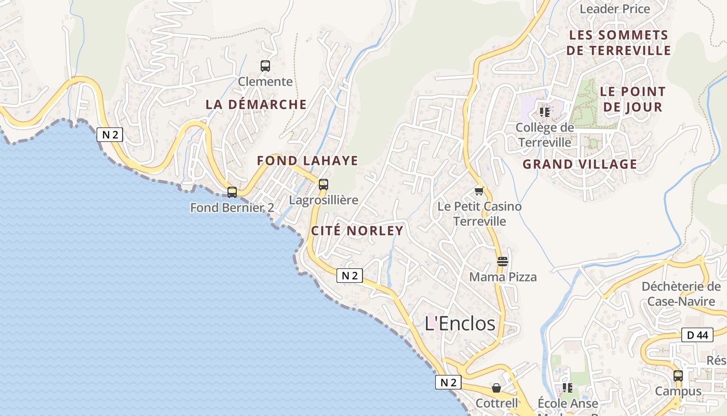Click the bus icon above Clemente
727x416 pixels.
265,66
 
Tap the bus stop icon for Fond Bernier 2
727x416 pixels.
232,192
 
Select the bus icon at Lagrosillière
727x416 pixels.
324,184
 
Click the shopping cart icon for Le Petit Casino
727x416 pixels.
479,191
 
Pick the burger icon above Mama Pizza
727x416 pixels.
502,262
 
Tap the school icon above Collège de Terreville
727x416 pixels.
545,112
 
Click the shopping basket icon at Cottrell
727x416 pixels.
496,388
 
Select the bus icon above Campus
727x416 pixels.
678,376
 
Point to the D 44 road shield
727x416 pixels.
697,335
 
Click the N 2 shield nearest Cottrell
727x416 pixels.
448,383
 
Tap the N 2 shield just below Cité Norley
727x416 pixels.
349,276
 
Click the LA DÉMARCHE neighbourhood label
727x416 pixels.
256,104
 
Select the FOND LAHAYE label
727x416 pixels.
307,161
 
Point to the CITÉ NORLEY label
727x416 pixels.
357,230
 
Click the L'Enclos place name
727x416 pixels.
460,323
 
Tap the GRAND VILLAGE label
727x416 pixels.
580,164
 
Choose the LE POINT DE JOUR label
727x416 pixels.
632,99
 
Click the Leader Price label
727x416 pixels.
614,9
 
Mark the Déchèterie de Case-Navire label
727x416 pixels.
681,294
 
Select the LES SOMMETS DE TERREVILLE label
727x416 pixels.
618,43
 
